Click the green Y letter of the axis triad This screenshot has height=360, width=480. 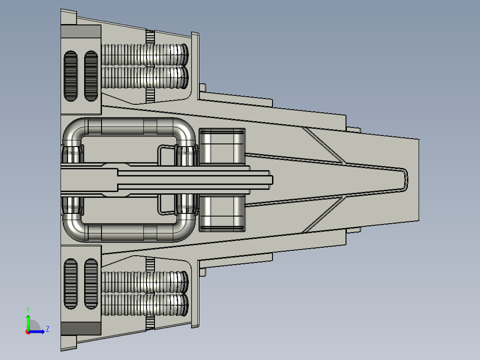click(x=28, y=310)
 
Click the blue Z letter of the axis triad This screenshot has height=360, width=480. click(x=48, y=329)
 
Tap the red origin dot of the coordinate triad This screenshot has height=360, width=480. click(x=28, y=332)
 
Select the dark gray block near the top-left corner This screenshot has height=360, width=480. click(x=81, y=31)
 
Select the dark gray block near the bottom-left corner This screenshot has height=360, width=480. click(x=81, y=328)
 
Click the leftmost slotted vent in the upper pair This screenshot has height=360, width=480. click(x=71, y=76)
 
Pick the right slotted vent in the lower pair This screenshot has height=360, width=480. click(x=91, y=284)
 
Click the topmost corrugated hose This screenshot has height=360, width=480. click(x=144, y=54)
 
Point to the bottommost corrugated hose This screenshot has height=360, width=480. click(x=144, y=305)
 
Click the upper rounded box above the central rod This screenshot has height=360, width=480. click(x=222, y=147)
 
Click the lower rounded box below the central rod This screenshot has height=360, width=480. click(x=222, y=213)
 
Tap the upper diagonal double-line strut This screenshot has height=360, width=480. click(x=324, y=145)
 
